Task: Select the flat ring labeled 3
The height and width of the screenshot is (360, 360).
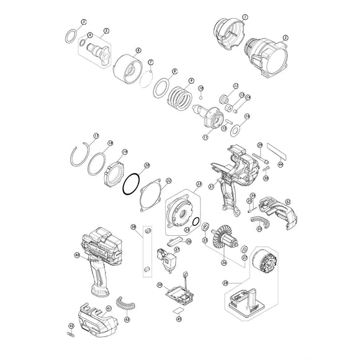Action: [73, 35]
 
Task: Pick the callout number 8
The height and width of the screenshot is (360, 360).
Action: [174, 72]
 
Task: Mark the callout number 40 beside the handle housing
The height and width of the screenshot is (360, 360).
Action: [77, 254]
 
